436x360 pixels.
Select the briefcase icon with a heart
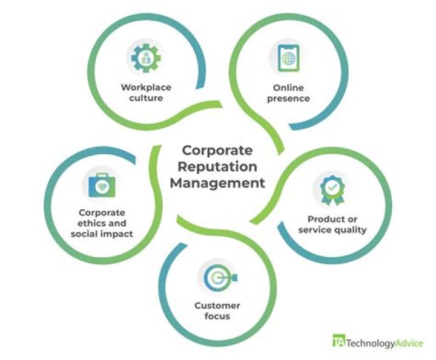pos(102,185)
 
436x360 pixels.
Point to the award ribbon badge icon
pos(330,188)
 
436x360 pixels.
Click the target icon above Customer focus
pos(219,278)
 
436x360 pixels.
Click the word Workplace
pos(145,86)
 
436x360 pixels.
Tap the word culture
pos(145,97)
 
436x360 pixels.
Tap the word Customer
pos(217,305)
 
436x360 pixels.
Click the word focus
pos(217,316)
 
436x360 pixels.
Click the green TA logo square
pos(339,340)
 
